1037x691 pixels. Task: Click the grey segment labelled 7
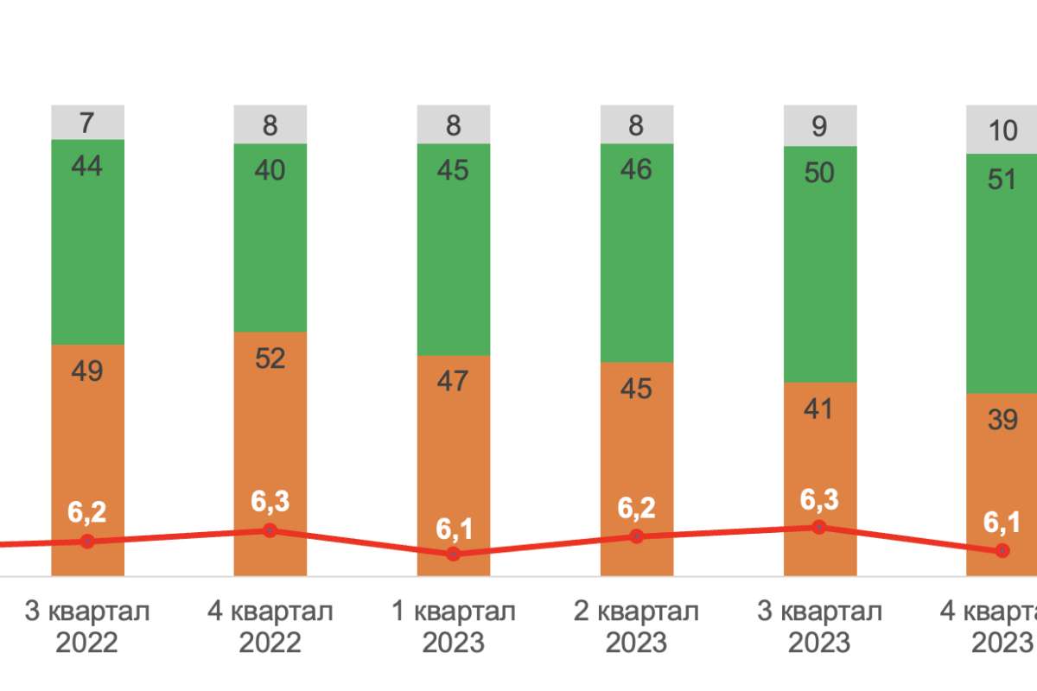pyautogui.click(x=88, y=123)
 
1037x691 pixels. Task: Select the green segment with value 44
pyautogui.click(x=88, y=242)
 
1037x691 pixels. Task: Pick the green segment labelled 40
pyautogui.click(x=270, y=238)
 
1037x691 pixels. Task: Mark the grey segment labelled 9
pyautogui.click(x=820, y=126)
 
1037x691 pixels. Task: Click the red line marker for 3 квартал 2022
pyautogui.click(x=87, y=541)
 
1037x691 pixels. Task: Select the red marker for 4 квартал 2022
pyautogui.click(x=270, y=530)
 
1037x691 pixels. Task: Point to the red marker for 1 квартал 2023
pyautogui.click(x=454, y=554)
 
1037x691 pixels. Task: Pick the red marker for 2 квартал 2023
pyautogui.click(x=637, y=536)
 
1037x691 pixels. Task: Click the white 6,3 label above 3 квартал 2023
pyautogui.click(x=819, y=500)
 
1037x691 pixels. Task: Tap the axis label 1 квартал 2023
pyautogui.click(x=454, y=627)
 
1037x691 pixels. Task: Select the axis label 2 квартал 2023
pyautogui.click(x=637, y=627)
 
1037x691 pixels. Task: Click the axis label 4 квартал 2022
pyautogui.click(x=270, y=627)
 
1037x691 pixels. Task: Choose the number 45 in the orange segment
pyautogui.click(x=637, y=389)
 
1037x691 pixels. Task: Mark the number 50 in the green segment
pyautogui.click(x=819, y=173)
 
